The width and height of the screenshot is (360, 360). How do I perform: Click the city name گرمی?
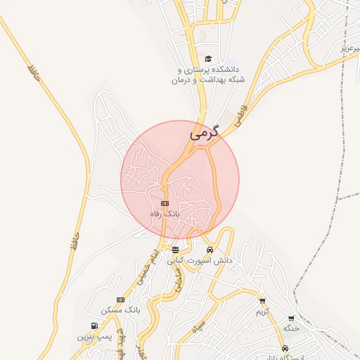(205, 131)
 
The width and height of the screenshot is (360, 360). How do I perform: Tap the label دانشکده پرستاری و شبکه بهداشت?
(205, 75)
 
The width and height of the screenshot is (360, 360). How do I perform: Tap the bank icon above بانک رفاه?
(165, 203)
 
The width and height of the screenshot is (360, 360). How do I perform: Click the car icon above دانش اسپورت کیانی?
(210, 250)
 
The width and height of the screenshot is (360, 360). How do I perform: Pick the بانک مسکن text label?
(121, 310)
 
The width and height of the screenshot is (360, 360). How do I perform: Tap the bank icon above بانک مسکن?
(120, 300)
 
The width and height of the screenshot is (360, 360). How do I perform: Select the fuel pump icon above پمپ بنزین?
(94, 326)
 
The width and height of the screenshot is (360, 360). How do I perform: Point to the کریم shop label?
(263, 311)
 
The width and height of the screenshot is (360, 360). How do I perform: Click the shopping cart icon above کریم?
(262, 301)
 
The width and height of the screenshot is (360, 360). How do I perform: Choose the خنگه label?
(291, 328)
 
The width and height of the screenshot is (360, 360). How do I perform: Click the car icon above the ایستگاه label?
(284, 348)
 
